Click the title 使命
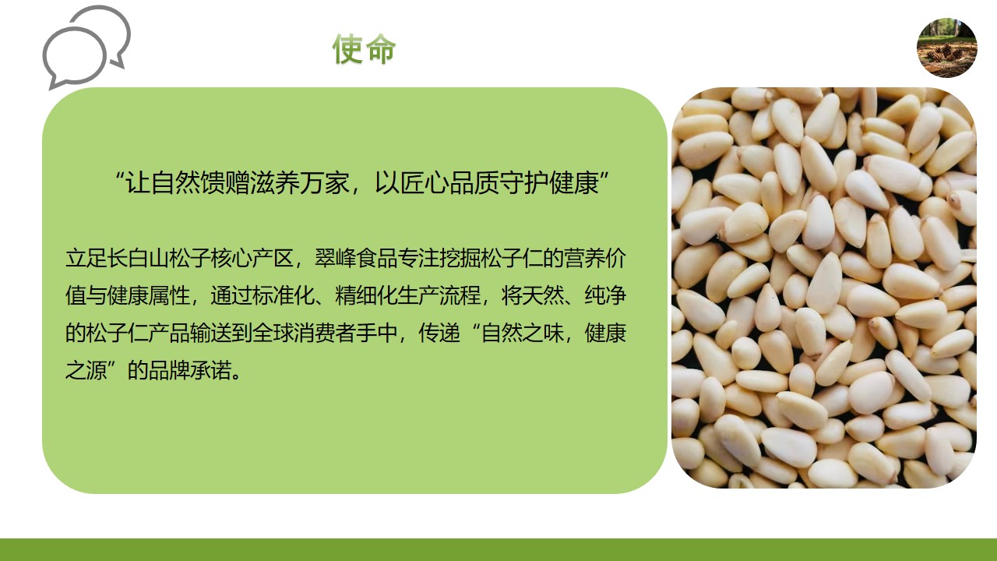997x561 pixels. click(364, 49)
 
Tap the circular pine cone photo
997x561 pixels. click(946, 48)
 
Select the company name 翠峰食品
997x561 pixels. click(356, 258)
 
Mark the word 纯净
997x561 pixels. click(605, 295)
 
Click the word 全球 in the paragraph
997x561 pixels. click(273, 333)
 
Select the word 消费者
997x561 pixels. click(325, 333)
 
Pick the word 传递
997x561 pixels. click(439, 333)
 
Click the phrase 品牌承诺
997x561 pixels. click(190, 370)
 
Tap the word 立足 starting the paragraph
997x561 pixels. click(86, 258)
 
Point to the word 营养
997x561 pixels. click(584, 258)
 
